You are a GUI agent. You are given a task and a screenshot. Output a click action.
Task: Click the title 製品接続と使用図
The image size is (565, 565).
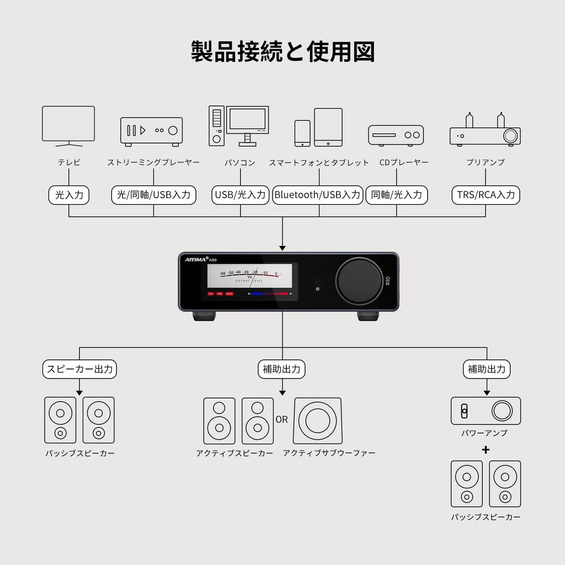click(282, 51)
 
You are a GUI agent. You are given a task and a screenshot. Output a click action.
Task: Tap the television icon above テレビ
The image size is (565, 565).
click(68, 126)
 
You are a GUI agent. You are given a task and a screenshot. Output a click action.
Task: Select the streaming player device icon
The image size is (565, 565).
click(151, 131)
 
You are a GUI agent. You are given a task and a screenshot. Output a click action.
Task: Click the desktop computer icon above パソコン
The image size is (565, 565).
click(238, 126)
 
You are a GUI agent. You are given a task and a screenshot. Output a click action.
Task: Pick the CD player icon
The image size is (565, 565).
click(396, 135)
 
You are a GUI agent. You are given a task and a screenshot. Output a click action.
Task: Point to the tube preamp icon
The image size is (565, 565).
click(485, 130)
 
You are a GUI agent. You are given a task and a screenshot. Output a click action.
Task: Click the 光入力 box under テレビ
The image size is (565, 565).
click(69, 195)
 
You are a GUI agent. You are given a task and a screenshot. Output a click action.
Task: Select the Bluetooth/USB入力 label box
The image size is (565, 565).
click(317, 195)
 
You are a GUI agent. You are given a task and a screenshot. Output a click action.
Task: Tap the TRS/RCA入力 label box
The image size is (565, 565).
click(486, 195)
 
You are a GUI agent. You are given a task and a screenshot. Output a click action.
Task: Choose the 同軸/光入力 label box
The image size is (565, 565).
click(396, 195)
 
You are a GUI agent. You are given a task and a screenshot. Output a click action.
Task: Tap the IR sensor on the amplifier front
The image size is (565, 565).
click(317, 281)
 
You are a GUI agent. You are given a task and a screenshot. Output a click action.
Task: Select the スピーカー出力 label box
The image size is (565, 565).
click(80, 369)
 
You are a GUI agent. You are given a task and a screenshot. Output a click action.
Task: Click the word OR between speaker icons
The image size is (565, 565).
click(281, 419)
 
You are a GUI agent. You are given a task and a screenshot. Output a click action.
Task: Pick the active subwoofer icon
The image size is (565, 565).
click(317, 420)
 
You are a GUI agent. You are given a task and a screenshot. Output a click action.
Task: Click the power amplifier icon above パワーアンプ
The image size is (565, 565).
click(486, 411)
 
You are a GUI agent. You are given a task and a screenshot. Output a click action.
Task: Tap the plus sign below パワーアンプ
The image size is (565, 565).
click(486, 450)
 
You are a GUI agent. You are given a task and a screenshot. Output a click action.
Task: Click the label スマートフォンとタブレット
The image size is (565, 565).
click(319, 163)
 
